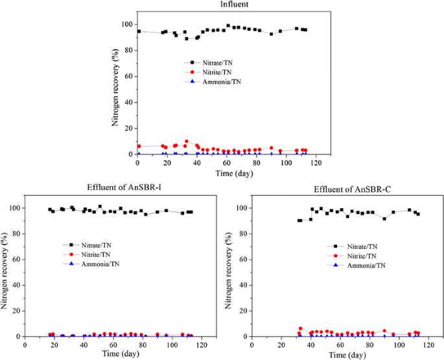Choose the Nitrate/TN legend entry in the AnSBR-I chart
[x=95, y=245]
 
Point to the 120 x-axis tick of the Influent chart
[x=315, y=162]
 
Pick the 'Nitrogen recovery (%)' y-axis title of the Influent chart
[x=115, y=86]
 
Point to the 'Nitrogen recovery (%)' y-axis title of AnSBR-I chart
[x=5, y=269]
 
